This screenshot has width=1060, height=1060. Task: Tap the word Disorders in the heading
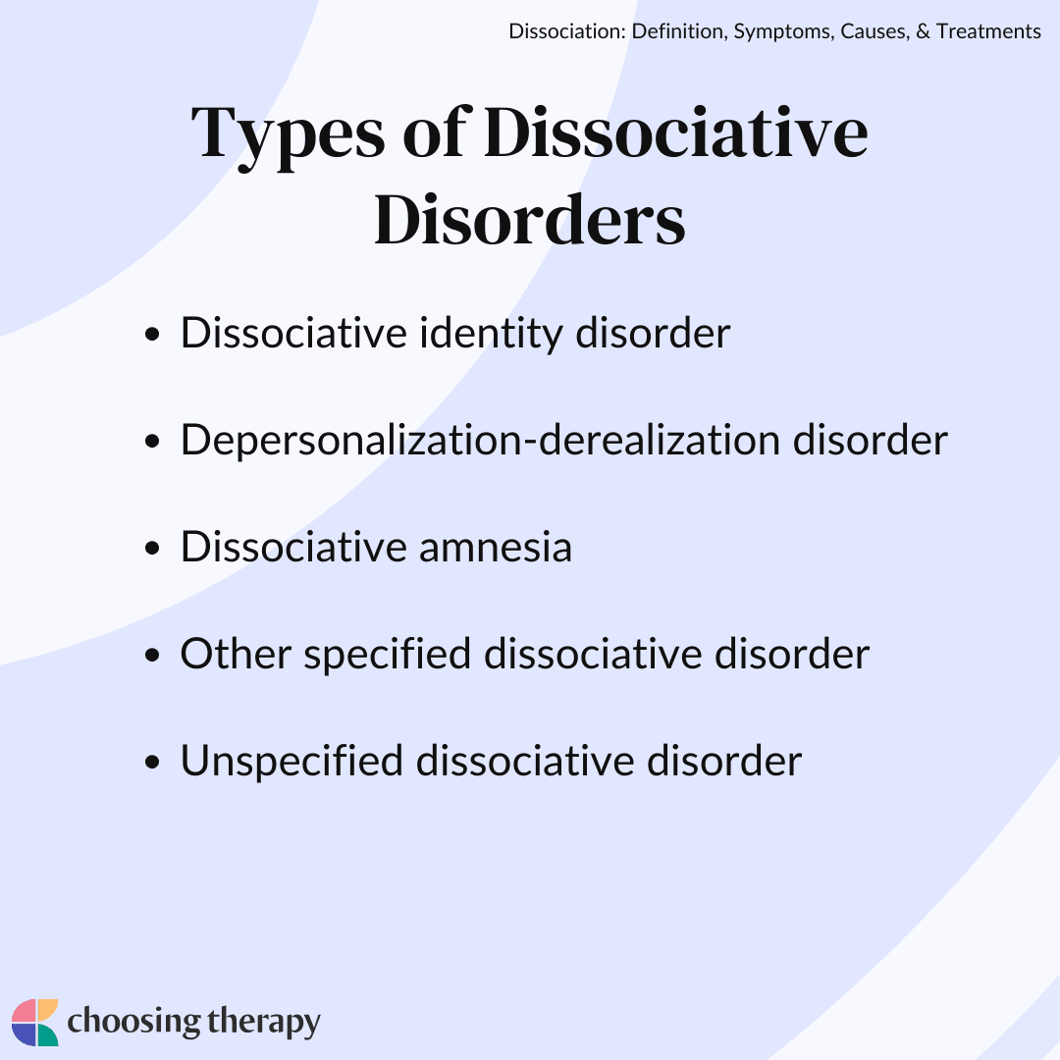pyautogui.click(x=530, y=219)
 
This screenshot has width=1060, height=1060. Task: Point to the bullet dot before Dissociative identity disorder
pyautogui.click(x=151, y=336)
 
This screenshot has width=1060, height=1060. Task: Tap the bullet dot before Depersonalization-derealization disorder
pyautogui.click(x=151, y=443)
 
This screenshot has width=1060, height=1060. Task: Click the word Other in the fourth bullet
pyautogui.click(x=236, y=654)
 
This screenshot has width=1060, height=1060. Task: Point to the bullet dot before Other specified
pyautogui.click(x=151, y=657)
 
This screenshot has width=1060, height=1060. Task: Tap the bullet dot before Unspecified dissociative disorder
pyautogui.click(x=151, y=764)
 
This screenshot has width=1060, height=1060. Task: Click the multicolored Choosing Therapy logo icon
pyautogui.click(x=35, y=1023)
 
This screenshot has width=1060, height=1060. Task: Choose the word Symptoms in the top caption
pyautogui.click(x=779, y=32)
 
